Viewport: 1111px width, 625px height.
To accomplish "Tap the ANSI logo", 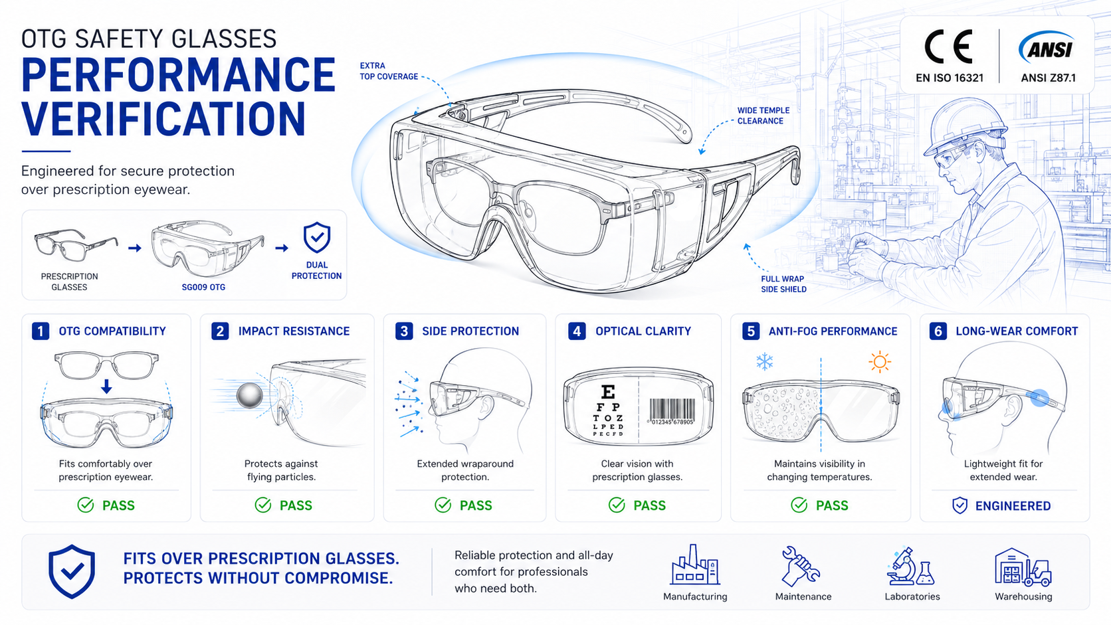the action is (x=1047, y=47).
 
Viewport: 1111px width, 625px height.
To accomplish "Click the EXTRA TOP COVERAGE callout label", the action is (x=389, y=71).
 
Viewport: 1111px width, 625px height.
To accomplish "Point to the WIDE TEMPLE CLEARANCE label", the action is (x=763, y=116).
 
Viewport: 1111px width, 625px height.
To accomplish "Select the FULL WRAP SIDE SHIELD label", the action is (x=783, y=284).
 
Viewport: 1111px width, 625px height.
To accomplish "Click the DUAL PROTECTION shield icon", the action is (x=317, y=237).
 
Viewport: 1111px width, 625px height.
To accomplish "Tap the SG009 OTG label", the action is (x=203, y=287).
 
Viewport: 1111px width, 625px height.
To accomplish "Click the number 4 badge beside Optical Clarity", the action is (x=576, y=331).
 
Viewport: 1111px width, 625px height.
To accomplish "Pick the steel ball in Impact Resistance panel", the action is (x=249, y=395).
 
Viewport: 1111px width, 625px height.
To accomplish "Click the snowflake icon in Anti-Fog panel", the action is (x=764, y=361).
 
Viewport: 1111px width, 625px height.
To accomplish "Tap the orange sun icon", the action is (x=880, y=362).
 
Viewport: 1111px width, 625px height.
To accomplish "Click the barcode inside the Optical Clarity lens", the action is (x=672, y=411).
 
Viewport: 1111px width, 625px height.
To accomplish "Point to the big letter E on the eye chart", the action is (x=608, y=393).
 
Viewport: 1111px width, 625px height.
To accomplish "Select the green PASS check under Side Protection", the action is (x=443, y=505).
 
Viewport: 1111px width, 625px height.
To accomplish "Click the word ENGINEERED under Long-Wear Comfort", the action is (x=1013, y=505).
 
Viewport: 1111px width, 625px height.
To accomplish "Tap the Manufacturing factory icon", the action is (x=694, y=565).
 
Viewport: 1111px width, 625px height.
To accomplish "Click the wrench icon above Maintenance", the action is (x=800, y=565).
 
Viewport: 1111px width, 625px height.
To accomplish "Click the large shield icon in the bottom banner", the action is (x=72, y=571).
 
